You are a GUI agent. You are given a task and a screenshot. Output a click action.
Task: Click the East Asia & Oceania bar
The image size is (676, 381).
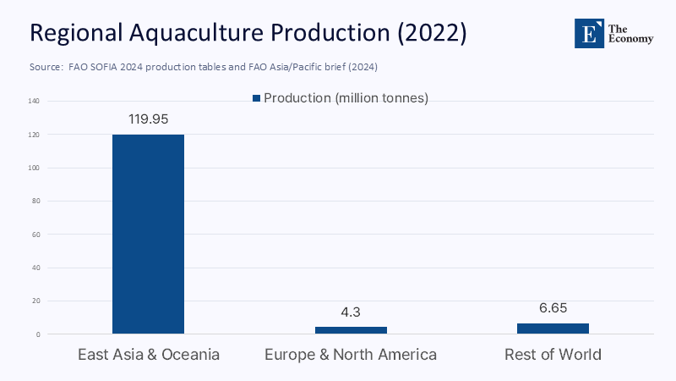point(148,234)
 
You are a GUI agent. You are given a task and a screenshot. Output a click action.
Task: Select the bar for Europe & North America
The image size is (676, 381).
point(351,330)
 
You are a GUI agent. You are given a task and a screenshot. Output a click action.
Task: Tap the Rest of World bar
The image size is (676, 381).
point(553,329)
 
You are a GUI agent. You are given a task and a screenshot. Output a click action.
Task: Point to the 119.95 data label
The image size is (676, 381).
point(148,119)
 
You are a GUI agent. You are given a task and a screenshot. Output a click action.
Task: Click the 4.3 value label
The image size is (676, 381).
point(351,312)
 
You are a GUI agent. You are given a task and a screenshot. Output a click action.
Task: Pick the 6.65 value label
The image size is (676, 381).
point(553,308)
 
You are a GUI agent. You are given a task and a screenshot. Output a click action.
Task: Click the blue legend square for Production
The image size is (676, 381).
point(257,98)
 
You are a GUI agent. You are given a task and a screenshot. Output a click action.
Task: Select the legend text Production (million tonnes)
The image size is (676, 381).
point(346,98)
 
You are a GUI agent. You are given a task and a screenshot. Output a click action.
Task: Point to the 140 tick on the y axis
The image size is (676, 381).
point(35,102)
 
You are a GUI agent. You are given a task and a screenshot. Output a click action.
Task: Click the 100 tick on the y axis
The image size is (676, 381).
point(35,168)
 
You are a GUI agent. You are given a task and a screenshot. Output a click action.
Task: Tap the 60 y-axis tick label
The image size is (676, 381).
point(36,235)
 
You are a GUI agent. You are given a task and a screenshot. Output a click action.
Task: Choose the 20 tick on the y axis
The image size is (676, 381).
point(36,301)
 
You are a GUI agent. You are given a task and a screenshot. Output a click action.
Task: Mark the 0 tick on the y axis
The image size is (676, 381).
point(38,334)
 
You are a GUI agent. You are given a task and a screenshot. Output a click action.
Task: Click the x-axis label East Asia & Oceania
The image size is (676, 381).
point(149,355)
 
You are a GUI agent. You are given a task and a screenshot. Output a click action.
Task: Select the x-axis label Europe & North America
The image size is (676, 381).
point(351,355)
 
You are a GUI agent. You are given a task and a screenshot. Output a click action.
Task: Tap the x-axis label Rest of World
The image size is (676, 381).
point(553,355)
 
